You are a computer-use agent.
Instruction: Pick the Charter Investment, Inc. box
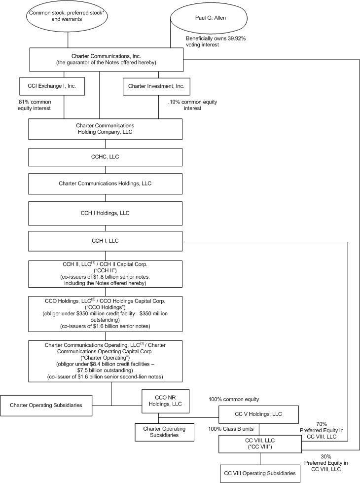(x=156, y=86)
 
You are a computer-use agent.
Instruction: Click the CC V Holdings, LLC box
(x=259, y=413)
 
